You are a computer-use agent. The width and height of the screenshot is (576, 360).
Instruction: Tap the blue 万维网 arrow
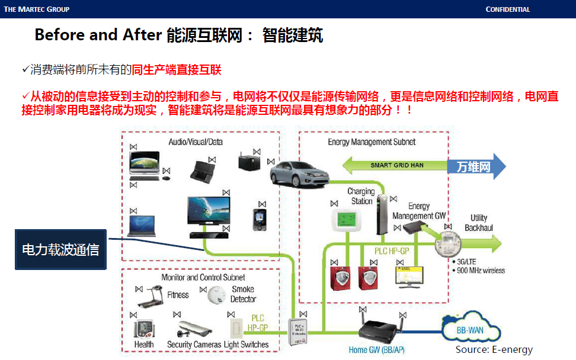(478, 166)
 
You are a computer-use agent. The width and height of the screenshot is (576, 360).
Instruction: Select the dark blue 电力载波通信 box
(60, 249)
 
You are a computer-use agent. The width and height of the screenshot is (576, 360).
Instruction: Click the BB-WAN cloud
(471, 327)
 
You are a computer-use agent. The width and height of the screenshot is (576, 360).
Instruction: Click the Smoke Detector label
(243, 294)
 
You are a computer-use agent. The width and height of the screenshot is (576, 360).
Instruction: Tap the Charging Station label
(361, 196)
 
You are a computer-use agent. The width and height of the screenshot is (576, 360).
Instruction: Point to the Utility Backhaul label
(479, 223)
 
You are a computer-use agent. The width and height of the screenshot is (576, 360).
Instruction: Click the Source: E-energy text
(494, 350)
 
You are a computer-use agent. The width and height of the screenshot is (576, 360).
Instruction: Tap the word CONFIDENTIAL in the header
(507, 9)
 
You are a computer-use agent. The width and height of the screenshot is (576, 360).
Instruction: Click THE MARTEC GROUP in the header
(37, 9)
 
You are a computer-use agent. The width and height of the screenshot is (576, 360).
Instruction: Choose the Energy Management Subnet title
(372, 142)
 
